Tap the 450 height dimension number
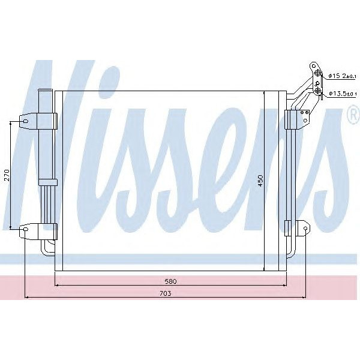click(260, 181)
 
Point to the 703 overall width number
click(166, 293)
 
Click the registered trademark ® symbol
click(353, 116)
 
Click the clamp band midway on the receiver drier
click(46, 182)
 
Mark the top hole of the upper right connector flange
click(313, 65)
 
